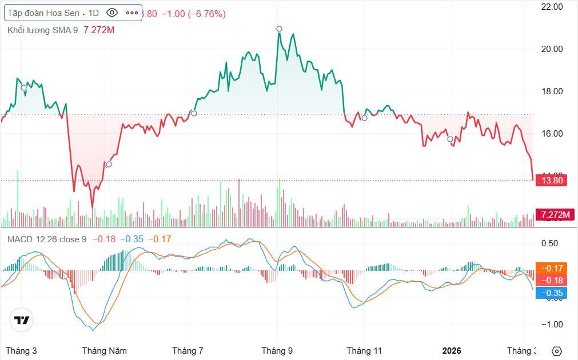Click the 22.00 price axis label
(552, 7)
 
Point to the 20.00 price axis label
(552, 49)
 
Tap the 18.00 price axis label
(552, 91)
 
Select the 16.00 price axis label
(552, 134)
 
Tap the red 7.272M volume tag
(556, 214)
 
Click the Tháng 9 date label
(277, 350)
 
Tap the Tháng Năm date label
(104, 350)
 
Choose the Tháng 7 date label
(188, 350)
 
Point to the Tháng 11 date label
(364, 350)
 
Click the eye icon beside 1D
(112, 13)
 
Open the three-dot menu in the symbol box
(131, 13)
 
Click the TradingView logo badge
(22, 320)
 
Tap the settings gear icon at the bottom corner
(557, 351)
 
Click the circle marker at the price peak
(279, 29)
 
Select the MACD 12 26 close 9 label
(47, 239)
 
